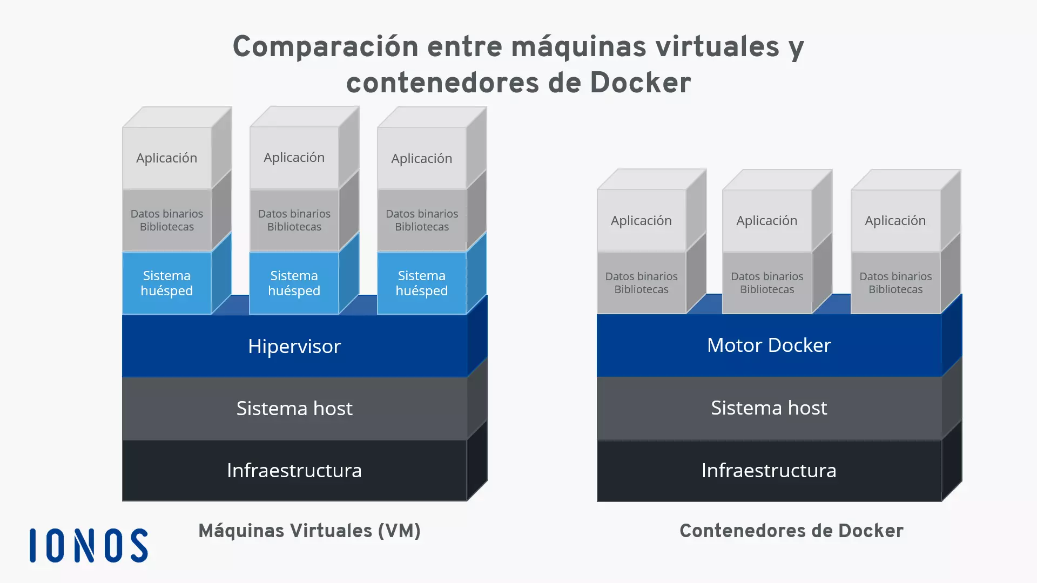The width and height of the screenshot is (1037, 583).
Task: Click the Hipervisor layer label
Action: click(294, 346)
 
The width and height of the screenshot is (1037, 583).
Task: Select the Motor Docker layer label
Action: click(769, 345)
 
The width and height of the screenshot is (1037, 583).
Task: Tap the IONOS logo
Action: click(89, 545)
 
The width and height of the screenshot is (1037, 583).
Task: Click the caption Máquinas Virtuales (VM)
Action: click(309, 531)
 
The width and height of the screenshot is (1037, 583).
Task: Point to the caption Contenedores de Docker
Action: click(791, 531)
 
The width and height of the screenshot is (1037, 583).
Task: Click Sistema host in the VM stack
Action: click(294, 408)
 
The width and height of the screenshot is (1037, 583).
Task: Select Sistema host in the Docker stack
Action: click(769, 408)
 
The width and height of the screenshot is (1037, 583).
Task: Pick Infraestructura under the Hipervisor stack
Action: click(294, 470)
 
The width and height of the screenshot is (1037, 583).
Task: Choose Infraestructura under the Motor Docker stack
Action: click(769, 470)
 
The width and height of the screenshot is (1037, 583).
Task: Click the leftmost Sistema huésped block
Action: click(166, 283)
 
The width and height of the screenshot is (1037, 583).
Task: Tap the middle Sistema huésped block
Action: click(294, 283)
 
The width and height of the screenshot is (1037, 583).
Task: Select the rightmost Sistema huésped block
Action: click(421, 283)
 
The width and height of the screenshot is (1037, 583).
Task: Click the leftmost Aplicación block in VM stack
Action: click(166, 158)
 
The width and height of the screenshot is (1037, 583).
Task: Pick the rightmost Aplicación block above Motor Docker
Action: click(895, 220)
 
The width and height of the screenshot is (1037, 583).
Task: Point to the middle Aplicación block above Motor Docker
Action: click(766, 220)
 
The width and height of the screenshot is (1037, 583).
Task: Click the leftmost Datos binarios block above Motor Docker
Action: click(641, 282)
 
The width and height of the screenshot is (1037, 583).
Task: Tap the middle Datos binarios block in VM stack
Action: click(294, 220)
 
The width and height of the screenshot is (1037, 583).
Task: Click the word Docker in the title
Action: click(640, 83)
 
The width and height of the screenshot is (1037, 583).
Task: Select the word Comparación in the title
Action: click(325, 46)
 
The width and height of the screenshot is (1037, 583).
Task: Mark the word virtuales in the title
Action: click(717, 46)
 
